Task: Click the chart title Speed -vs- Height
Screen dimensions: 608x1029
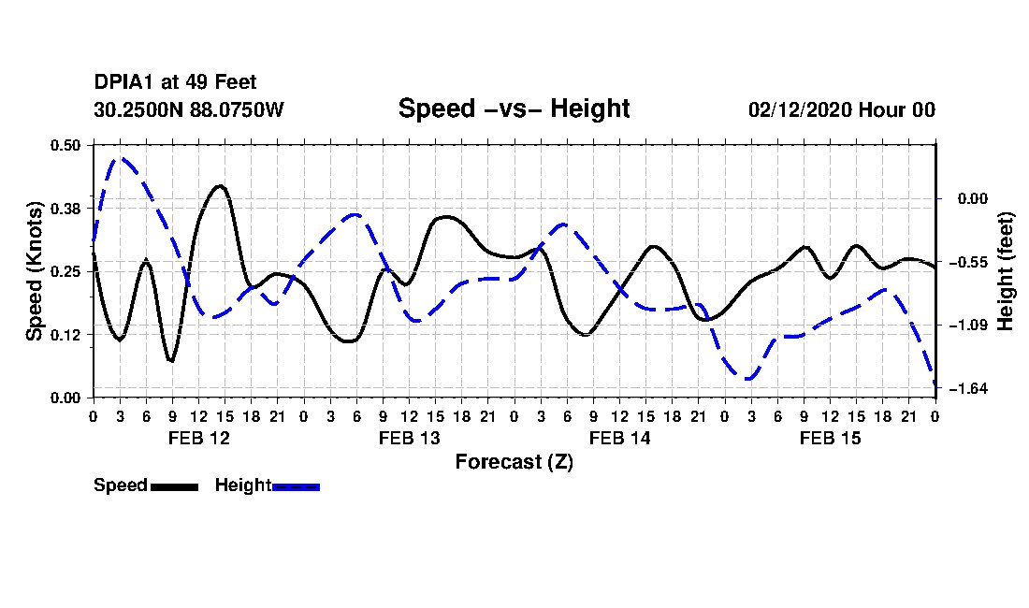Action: click(514, 109)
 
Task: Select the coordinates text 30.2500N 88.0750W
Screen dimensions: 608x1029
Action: click(189, 110)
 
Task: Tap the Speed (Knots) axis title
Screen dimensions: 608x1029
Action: click(35, 270)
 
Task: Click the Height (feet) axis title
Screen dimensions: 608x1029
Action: click(1007, 270)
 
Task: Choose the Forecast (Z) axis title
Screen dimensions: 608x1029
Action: click(514, 462)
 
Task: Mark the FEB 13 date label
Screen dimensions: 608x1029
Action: click(409, 438)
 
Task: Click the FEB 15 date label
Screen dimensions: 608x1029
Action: click(831, 438)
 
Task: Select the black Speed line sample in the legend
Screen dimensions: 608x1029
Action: click(174, 486)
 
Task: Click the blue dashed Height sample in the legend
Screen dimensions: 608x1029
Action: click(297, 486)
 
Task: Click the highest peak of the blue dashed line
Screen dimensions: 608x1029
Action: click(119, 158)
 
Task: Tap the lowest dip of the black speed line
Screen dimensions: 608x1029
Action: click(171, 361)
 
